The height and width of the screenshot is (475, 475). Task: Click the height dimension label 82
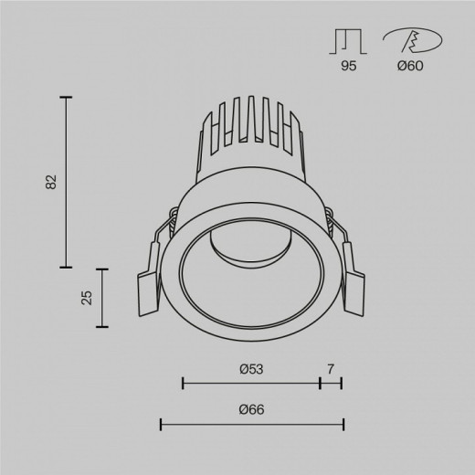click(51, 181)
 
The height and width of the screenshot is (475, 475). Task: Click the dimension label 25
click(86, 297)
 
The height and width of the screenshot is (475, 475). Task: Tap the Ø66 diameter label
click(251, 410)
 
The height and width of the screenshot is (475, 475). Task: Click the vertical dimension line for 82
click(66, 181)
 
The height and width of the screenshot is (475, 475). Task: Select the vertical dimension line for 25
click(100, 297)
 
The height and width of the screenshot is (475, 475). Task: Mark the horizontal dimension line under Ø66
click(252, 424)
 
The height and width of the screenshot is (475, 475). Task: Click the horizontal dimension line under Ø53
click(251, 382)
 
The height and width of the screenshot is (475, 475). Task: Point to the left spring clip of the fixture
click(150, 274)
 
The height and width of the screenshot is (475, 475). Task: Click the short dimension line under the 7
click(332, 382)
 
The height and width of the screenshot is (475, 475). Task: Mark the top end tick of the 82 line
click(66, 96)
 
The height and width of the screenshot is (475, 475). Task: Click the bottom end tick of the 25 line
click(100, 326)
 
